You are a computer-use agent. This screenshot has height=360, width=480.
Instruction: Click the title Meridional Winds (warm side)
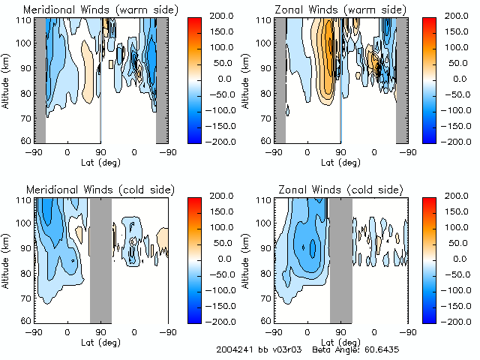[x=101, y=10]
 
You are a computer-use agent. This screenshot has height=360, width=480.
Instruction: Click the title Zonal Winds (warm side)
[x=337, y=10]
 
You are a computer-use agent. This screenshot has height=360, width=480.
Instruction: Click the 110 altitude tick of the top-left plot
[x=25, y=19]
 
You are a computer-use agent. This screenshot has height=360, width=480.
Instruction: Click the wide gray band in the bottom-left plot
[x=100, y=259]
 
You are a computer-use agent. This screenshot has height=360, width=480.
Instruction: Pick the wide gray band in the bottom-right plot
[x=340, y=259]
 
